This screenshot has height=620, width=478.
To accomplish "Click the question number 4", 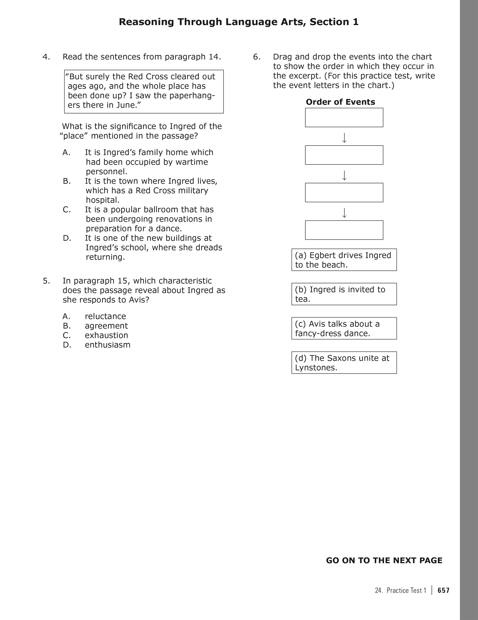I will (46, 57).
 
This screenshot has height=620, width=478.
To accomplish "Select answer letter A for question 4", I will (66, 152).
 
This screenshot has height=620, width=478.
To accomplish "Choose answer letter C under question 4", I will (67, 210).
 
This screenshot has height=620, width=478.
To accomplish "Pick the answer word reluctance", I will (105, 316).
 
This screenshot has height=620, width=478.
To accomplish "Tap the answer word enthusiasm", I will (108, 345).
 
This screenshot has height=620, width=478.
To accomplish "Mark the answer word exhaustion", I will (106, 335).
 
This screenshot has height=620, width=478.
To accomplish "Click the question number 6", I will (256, 57).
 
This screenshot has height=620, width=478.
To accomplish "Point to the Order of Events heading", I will (340, 102).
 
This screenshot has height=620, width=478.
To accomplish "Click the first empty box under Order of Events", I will (344, 118).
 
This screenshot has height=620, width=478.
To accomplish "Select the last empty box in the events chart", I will (344, 230).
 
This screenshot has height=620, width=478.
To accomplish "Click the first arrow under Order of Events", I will (344, 138).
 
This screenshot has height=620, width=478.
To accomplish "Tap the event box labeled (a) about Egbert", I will (344, 260).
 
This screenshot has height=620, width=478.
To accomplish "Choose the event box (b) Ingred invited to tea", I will (344, 294).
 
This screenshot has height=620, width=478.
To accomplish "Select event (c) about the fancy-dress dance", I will (344, 328).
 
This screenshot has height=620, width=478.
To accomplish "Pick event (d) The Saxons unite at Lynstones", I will (344, 363).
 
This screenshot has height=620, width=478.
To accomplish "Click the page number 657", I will (444, 590).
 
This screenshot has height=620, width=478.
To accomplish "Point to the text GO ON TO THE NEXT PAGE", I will (384, 560).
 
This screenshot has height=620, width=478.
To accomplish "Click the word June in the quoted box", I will (126, 105).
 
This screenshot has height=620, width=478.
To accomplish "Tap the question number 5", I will (46, 281).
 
